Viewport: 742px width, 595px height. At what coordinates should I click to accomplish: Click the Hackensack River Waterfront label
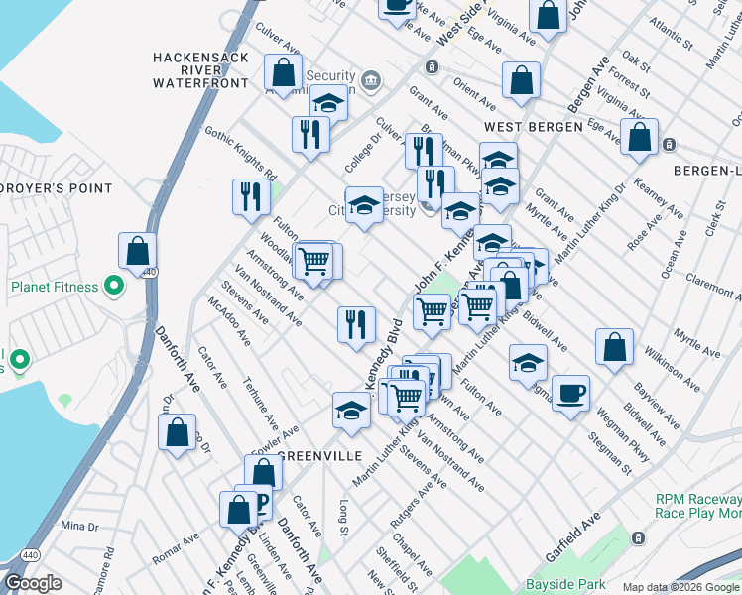tap(200, 70)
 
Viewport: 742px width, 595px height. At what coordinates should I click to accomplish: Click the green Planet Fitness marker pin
tap(114, 288)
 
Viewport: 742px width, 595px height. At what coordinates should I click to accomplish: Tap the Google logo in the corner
tap(33, 583)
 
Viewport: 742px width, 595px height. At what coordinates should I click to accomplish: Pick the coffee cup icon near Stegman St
tap(570, 394)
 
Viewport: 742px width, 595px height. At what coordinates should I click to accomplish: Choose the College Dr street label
tap(364, 149)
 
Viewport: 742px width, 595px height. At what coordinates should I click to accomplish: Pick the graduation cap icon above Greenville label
tap(352, 410)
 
